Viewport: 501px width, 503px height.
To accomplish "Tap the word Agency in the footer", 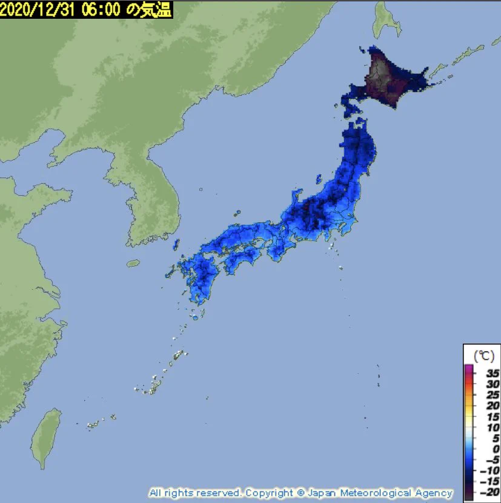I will click(x=434, y=493).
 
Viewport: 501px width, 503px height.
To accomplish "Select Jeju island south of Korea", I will click(x=133, y=264).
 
